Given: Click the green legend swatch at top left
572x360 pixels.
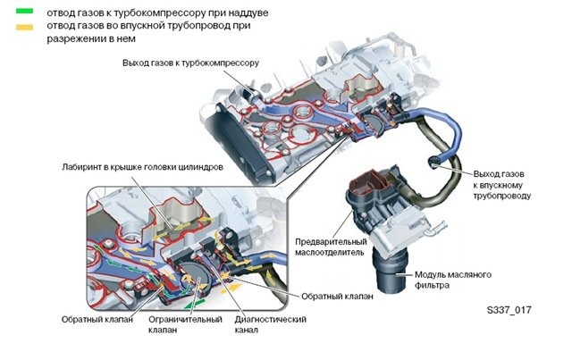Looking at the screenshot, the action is (24, 12).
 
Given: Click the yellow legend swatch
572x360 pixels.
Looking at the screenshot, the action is (24, 27).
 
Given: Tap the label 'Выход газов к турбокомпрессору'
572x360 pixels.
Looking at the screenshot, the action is (190, 63).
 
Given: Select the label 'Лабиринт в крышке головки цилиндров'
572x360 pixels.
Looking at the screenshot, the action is (142, 167).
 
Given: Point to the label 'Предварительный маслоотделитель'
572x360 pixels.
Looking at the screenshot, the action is (331, 247).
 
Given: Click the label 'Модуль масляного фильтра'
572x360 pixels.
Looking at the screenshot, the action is (453, 280).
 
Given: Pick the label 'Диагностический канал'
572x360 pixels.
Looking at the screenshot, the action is (270, 324).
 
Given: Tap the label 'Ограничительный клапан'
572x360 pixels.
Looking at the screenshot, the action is (185, 324).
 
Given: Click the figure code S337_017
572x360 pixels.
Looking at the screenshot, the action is (509, 310).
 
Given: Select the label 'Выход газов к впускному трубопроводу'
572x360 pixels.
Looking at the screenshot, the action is (502, 185).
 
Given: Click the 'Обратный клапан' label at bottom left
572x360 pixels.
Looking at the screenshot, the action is (97, 320).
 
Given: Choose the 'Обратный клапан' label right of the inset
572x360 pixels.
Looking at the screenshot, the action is (337, 297).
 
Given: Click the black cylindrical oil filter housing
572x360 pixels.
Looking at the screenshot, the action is (390, 272).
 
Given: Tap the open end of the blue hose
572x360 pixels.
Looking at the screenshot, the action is (433, 160).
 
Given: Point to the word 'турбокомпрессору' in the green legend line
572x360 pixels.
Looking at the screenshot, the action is (159, 13).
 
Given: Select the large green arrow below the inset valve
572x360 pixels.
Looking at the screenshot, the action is (194, 303).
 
